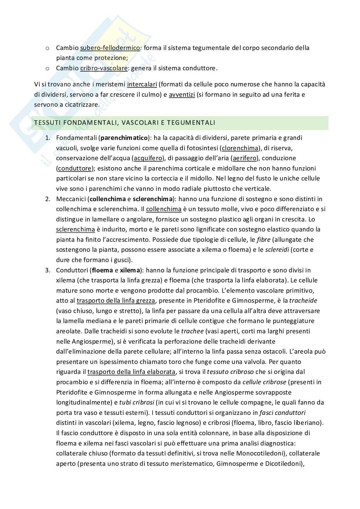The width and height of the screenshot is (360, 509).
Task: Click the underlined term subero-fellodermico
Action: pos(110,48)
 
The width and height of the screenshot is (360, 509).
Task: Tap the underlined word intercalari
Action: pos(142,84)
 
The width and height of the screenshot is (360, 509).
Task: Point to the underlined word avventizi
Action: pos(182,95)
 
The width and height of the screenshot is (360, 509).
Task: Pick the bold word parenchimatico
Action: pos(124,138)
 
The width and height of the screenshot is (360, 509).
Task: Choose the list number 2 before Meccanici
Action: pos(47,199)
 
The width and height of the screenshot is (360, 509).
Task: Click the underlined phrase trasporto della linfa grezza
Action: pos(116,300)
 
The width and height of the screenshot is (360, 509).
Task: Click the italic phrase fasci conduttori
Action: pos(283,413)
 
